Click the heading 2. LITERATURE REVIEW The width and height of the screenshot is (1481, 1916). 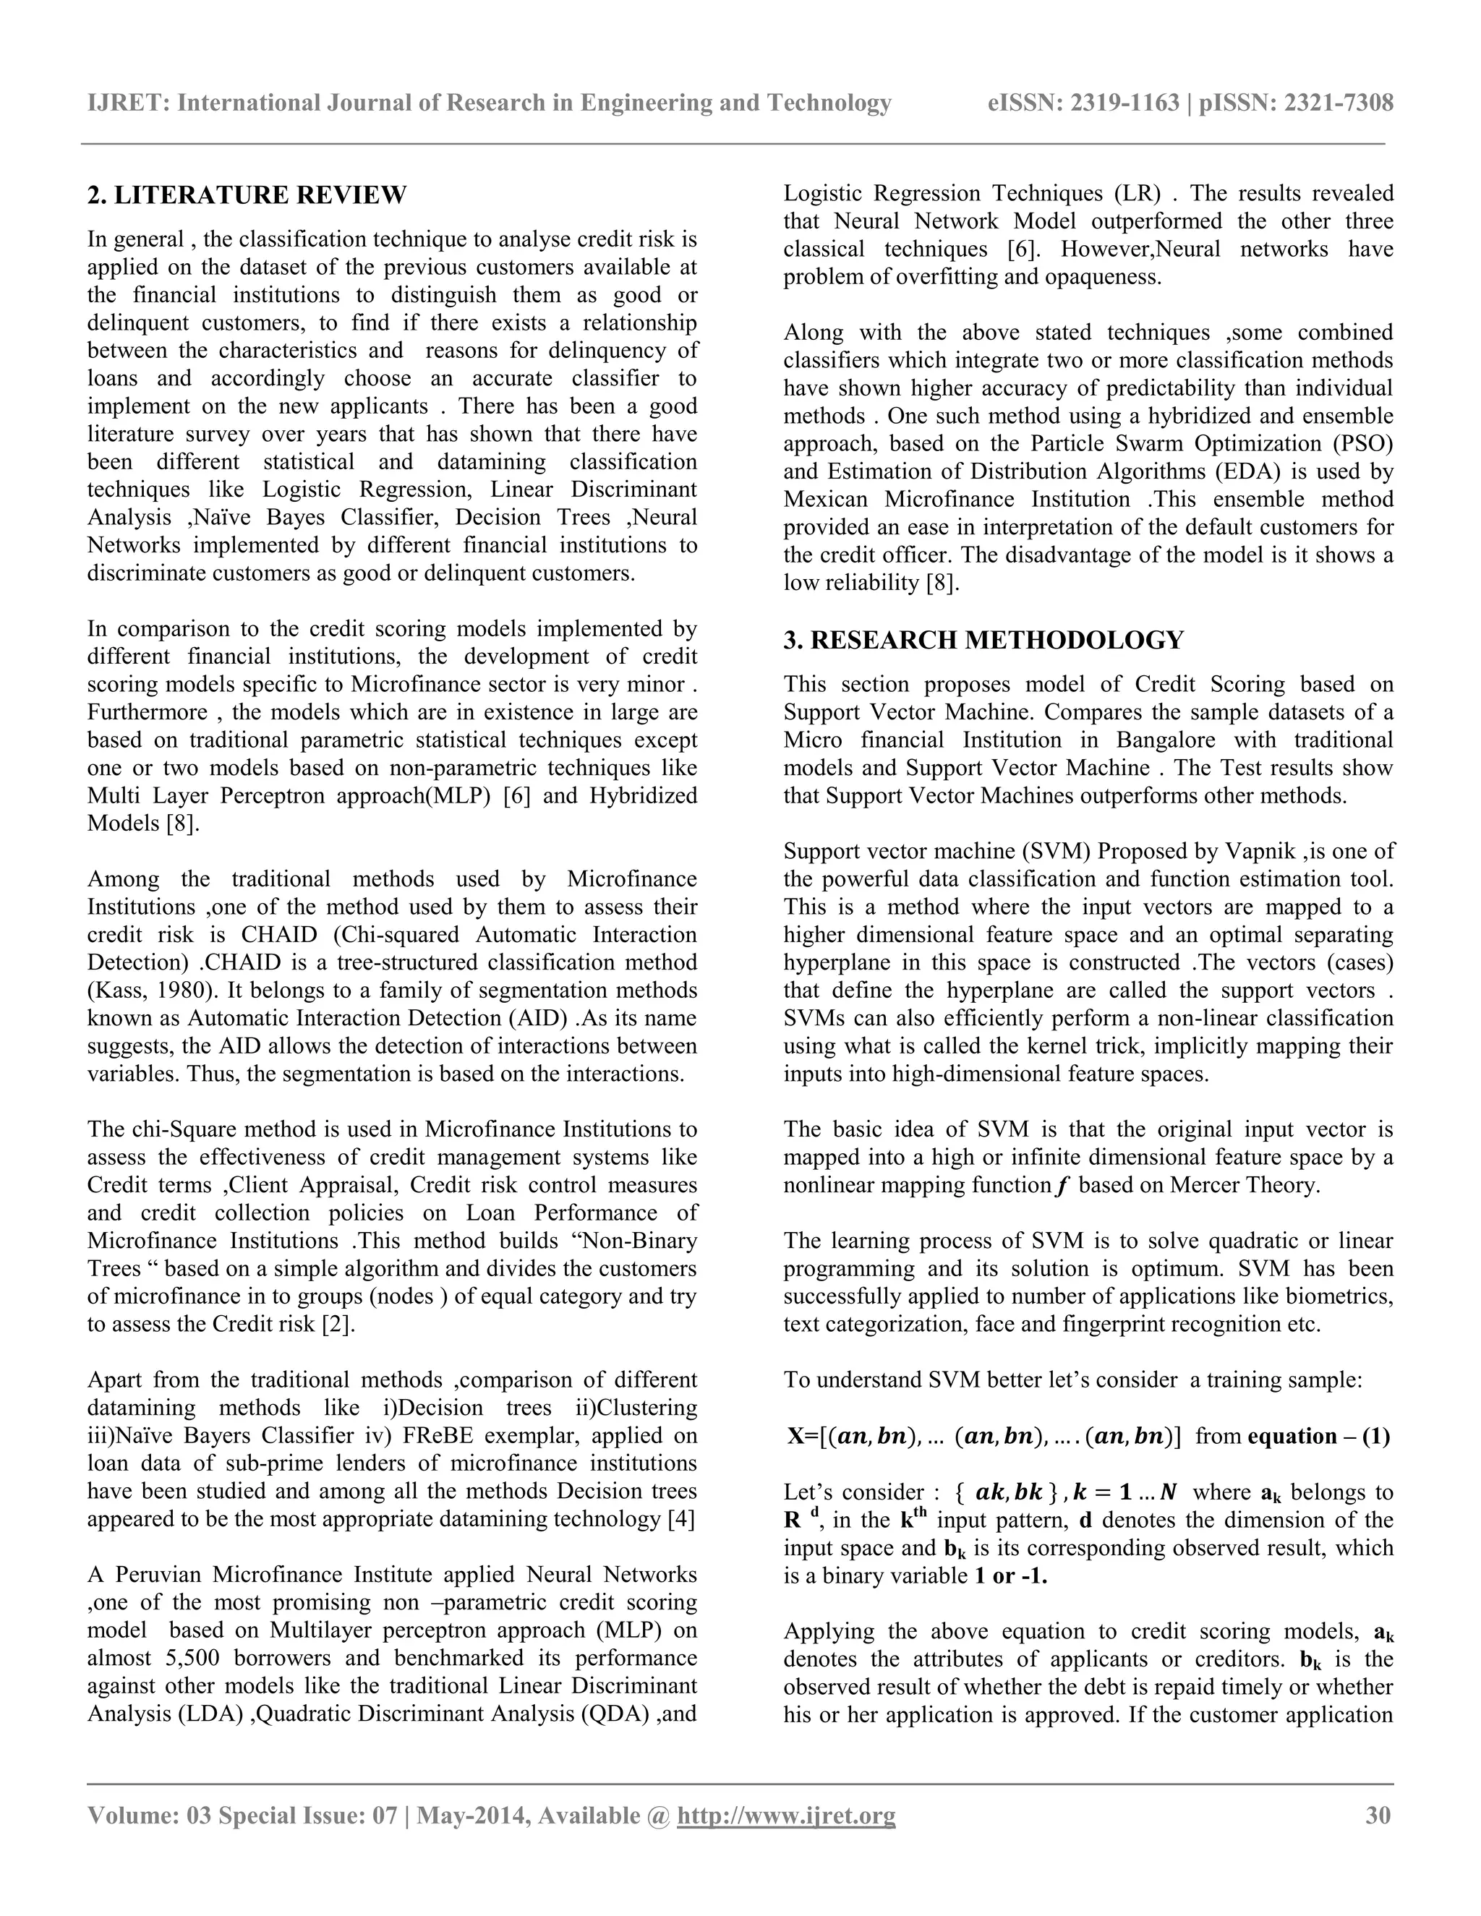click(x=247, y=194)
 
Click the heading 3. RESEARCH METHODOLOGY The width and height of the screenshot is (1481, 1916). click(x=983, y=640)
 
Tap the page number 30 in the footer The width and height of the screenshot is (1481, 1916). click(x=1378, y=1814)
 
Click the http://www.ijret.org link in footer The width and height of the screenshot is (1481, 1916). click(x=786, y=1814)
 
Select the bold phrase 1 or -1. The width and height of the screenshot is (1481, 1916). click(x=1011, y=1575)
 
